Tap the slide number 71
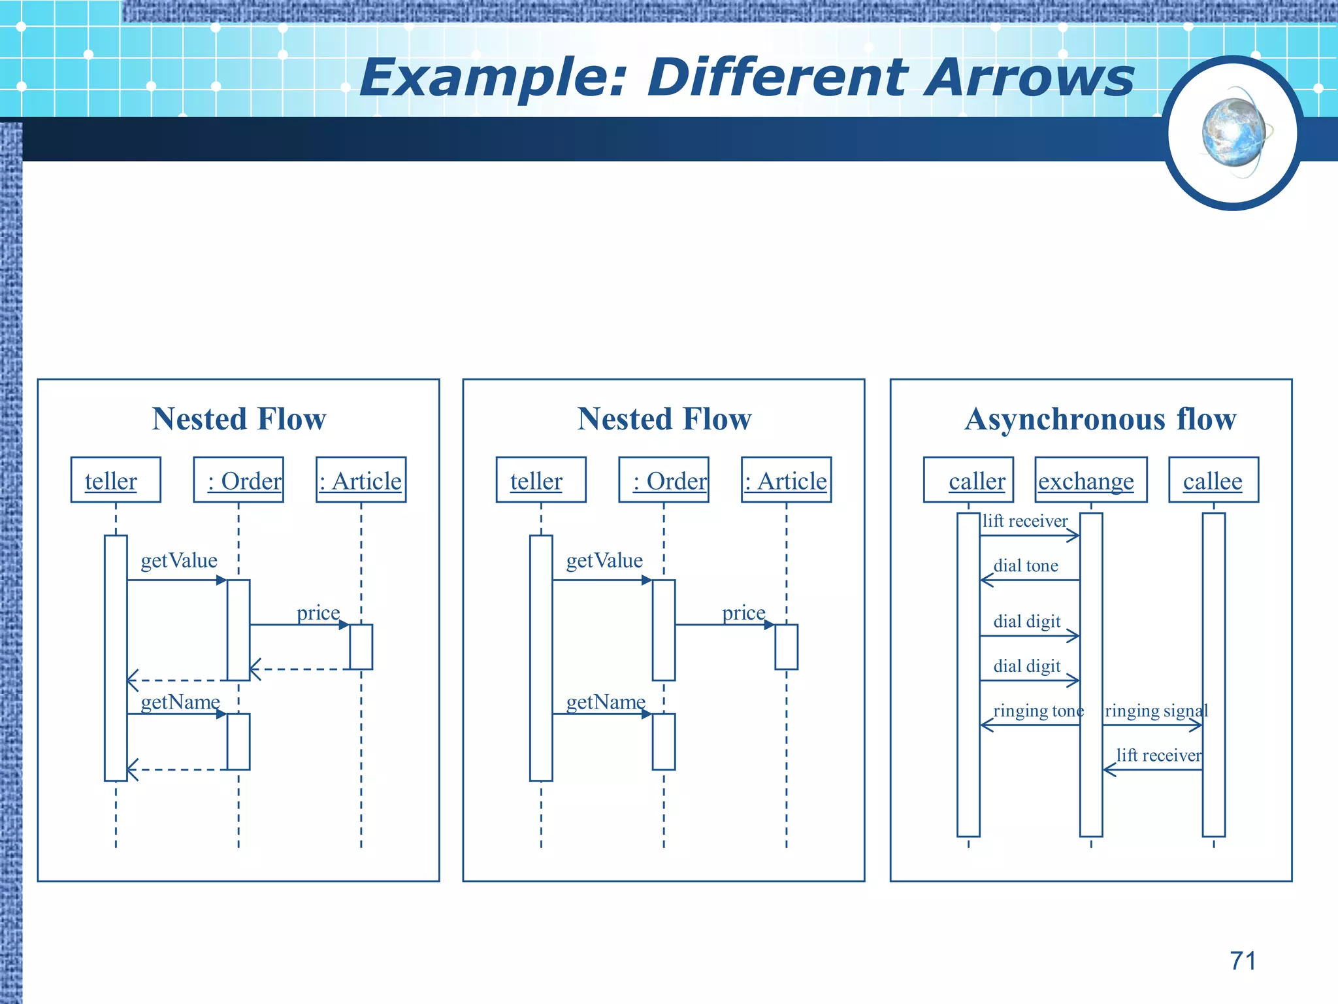(x=1243, y=961)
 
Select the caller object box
(x=968, y=480)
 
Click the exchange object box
(x=1090, y=480)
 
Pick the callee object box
(x=1213, y=480)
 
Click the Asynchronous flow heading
(x=1100, y=419)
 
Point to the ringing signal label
(x=1156, y=711)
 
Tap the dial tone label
(x=1026, y=565)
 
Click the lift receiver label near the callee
(x=1158, y=755)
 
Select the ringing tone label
(x=1038, y=711)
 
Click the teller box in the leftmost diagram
(x=116, y=480)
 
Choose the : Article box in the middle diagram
(x=786, y=480)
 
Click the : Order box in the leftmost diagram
(x=238, y=480)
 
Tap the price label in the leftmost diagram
(x=318, y=612)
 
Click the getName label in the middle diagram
(x=606, y=701)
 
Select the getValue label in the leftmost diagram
(x=179, y=560)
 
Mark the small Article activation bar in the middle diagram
(x=786, y=647)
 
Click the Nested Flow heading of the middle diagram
(x=664, y=419)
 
